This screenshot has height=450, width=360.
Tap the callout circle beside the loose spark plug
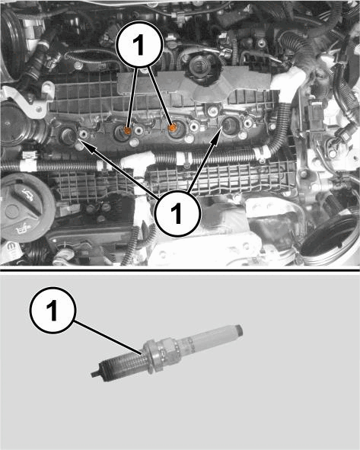tap(53, 310)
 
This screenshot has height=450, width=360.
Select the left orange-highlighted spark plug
tap(127, 131)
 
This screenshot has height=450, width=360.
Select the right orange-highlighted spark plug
tap(172, 128)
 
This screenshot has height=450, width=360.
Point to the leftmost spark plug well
tap(68, 136)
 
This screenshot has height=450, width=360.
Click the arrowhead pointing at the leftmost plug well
tap(84, 145)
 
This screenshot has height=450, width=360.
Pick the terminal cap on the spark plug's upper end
tap(239, 330)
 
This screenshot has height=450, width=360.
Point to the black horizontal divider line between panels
tap(180, 270)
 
